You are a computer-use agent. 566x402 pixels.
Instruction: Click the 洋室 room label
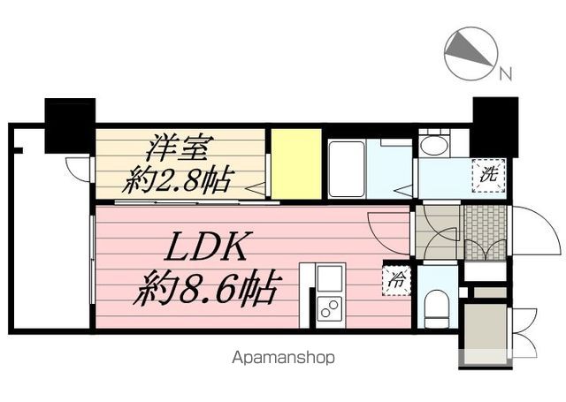(x=177, y=148)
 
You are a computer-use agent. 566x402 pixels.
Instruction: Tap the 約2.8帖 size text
(x=177, y=180)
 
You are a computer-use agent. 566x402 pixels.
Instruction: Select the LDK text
(x=206, y=247)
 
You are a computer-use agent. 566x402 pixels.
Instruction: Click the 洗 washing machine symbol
(x=488, y=175)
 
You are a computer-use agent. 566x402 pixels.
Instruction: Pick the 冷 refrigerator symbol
(x=396, y=280)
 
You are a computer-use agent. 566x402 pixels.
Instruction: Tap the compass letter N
(x=506, y=73)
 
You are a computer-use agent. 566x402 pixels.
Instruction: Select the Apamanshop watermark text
(x=283, y=358)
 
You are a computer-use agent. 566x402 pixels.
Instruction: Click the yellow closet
(x=296, y=163)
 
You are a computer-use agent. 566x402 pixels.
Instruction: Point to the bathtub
(x=347, y=169)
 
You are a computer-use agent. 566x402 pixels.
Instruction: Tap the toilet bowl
(x=436, y=307)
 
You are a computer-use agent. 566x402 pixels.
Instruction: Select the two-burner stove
(x=330, y=309)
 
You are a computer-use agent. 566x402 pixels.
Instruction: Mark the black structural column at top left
(x=70, y=125)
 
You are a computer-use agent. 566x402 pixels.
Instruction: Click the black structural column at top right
(x=495, y=127)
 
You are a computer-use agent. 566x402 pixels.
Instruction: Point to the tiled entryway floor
(x=486, y=232)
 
